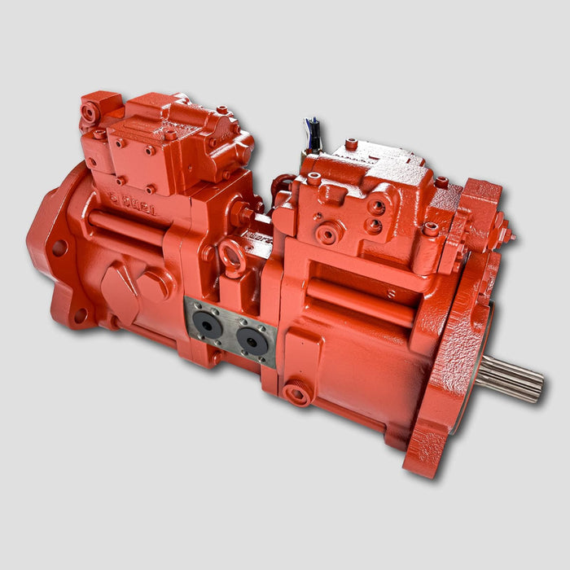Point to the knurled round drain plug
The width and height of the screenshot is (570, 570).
pos(297,393)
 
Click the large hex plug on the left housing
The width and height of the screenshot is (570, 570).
pos(154,286)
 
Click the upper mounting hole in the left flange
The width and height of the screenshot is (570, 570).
pos(59,248)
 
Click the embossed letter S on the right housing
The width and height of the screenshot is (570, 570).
pos(392,294)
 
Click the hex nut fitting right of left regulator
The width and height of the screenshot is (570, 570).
pos(243,214)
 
